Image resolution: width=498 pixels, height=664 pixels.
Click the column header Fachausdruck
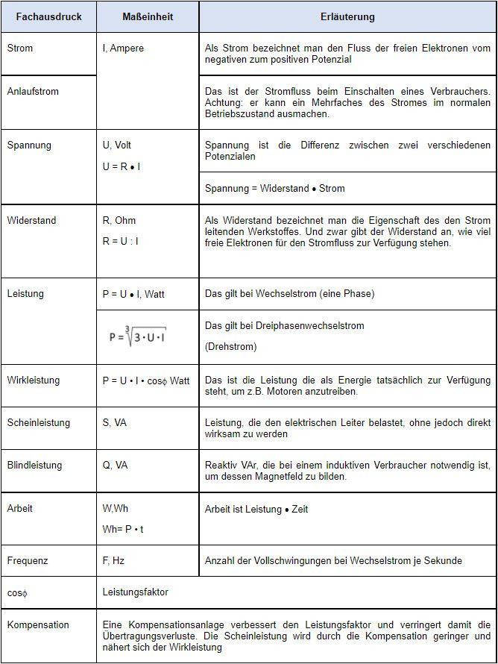tap(48, 16)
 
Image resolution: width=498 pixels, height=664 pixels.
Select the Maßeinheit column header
tap(148, 16)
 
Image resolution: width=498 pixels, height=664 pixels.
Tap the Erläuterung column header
tap(347, 16)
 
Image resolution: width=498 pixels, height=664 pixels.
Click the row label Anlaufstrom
tap(33, 92)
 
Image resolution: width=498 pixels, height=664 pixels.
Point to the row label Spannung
tap(28, 145)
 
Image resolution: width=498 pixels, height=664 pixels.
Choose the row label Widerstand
tap(31, 220)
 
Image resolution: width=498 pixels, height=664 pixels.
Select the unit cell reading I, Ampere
tap(123, 48)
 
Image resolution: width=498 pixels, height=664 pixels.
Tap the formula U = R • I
tap(122, 166)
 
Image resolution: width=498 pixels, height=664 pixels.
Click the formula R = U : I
tap(121, 241)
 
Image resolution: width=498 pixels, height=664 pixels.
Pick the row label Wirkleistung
tap(34, 380)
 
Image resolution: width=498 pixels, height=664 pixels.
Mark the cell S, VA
tap(115, 422)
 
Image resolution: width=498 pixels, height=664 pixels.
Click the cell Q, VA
tap(116, 465)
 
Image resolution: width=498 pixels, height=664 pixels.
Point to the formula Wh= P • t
tap(124, 529)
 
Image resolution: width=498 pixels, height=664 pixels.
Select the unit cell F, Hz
tap(113, 560)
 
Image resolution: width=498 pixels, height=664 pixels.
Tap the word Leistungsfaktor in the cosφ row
tap(136, 592)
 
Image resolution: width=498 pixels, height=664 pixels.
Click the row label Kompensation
tap(38, 624)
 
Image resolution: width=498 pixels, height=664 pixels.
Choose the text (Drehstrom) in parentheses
tap(230, 347)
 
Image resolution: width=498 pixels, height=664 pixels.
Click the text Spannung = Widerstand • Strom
tap(275, 188)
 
